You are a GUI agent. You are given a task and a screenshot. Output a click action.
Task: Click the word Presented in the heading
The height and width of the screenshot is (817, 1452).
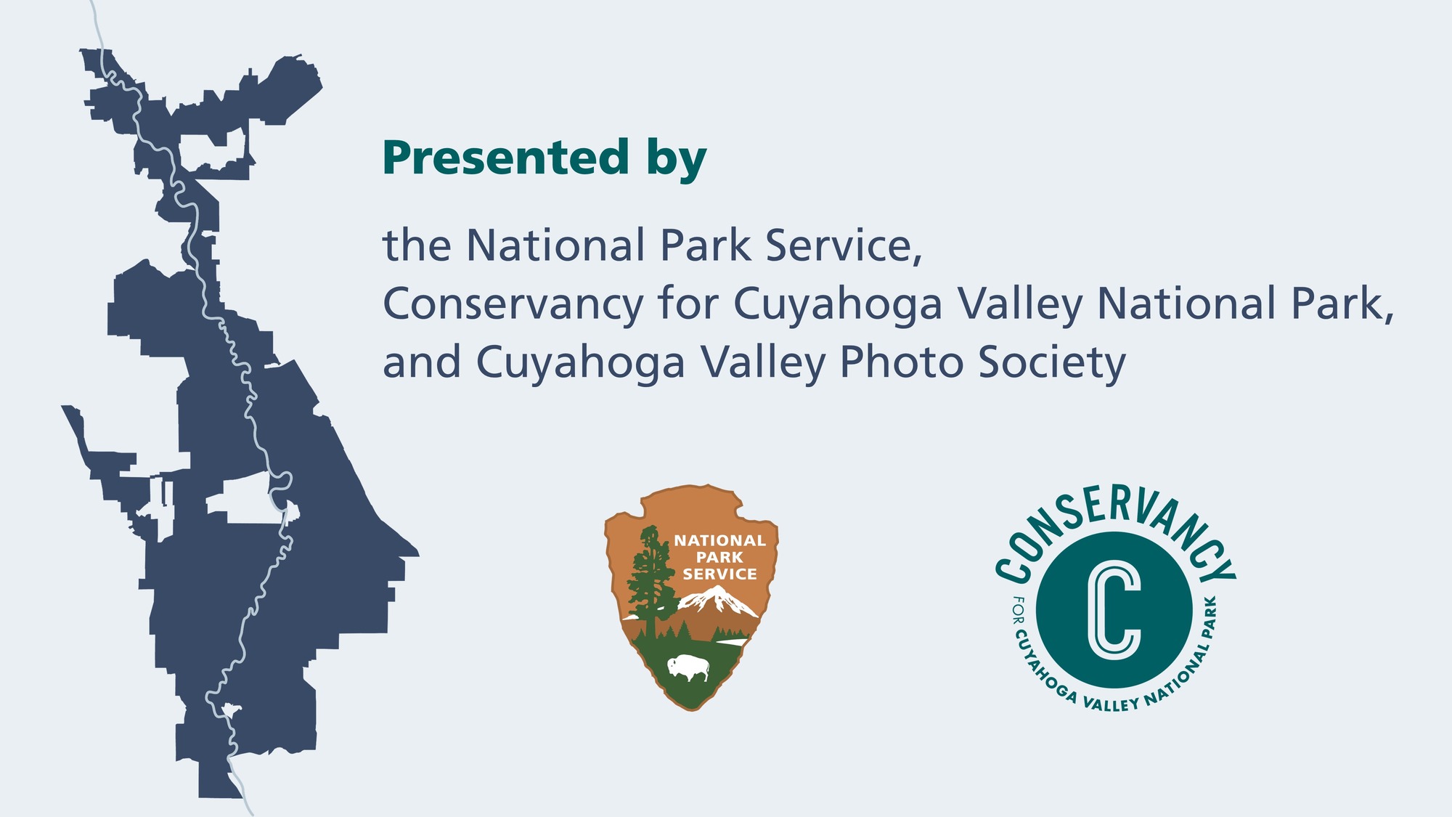click(505, 158)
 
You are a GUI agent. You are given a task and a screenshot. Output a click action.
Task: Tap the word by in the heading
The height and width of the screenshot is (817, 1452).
click(677, 160)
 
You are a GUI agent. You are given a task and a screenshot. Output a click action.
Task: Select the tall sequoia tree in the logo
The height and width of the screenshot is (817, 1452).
click(649, 577)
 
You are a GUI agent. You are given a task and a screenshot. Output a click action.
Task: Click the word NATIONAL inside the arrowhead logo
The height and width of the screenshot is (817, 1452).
click(719, 540)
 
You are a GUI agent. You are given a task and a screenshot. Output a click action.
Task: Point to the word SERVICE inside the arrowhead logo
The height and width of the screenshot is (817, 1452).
click(719, 574)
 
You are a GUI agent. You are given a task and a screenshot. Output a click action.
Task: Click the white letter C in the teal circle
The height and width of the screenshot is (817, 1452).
click(1114, 610)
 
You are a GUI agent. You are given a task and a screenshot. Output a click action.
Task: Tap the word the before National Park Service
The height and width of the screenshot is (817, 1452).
click(417, 245)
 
